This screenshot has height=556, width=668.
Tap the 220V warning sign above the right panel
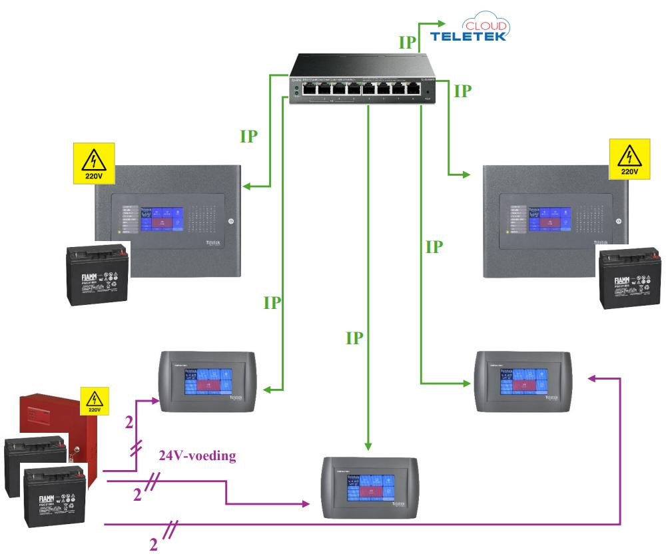(x=627, y=160)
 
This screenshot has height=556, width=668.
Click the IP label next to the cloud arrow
(x=407, y=43)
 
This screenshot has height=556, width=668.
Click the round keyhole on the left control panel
(x=231, y=221)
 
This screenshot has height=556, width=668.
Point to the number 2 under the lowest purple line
(x=154, y=545)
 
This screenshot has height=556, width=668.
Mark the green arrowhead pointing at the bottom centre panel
(x=368, y=449)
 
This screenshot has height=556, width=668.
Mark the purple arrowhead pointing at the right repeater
(x=592, y=378)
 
